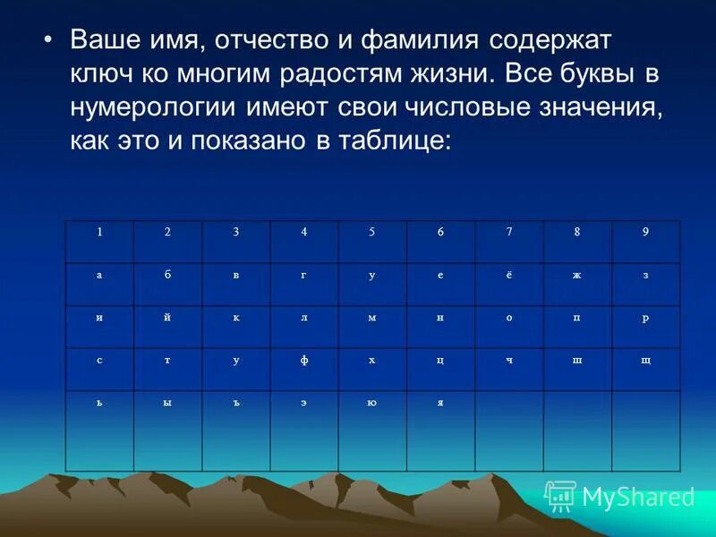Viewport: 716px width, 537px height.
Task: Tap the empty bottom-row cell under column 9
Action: [x=645, y=430]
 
